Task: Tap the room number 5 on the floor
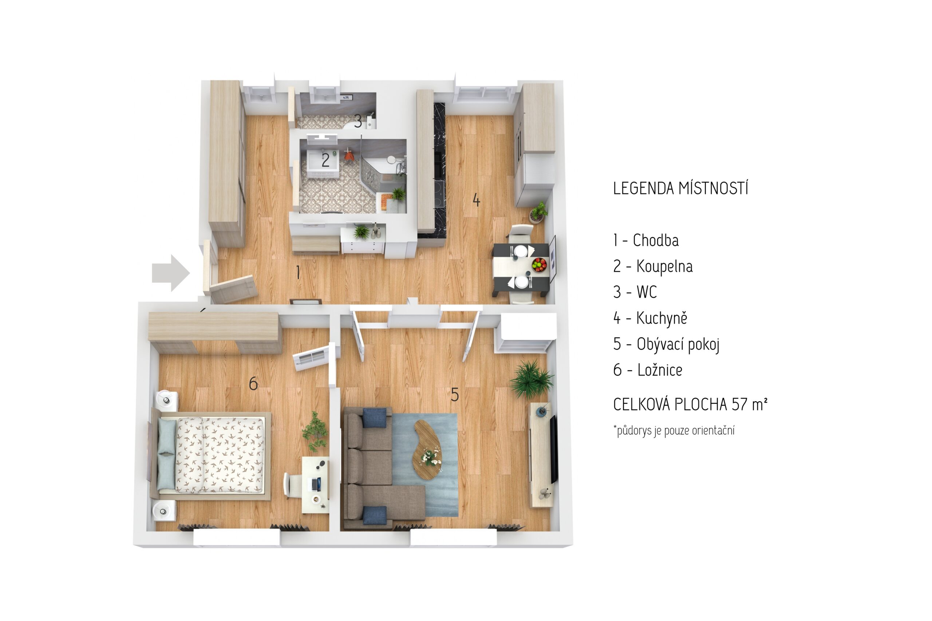click(x=455, y=395)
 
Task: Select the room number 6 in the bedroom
click(x=253, y=383)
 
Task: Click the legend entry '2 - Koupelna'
click(x=653, y=266)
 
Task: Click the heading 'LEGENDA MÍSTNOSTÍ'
click(x=680, y=189)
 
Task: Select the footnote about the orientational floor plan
click(x=674, y=431)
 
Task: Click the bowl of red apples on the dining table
click(x=539, y=264)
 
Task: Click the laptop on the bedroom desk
click(x=316, y=483)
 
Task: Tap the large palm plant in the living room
click(x=531, y=379)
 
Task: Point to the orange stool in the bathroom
click(x=348, y=155)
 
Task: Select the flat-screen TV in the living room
click(x=553, y=449)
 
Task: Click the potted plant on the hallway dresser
click(x=361, y=231)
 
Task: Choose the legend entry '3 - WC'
click(x=635, y=292)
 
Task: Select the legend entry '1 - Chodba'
click(x=646, y=240)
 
